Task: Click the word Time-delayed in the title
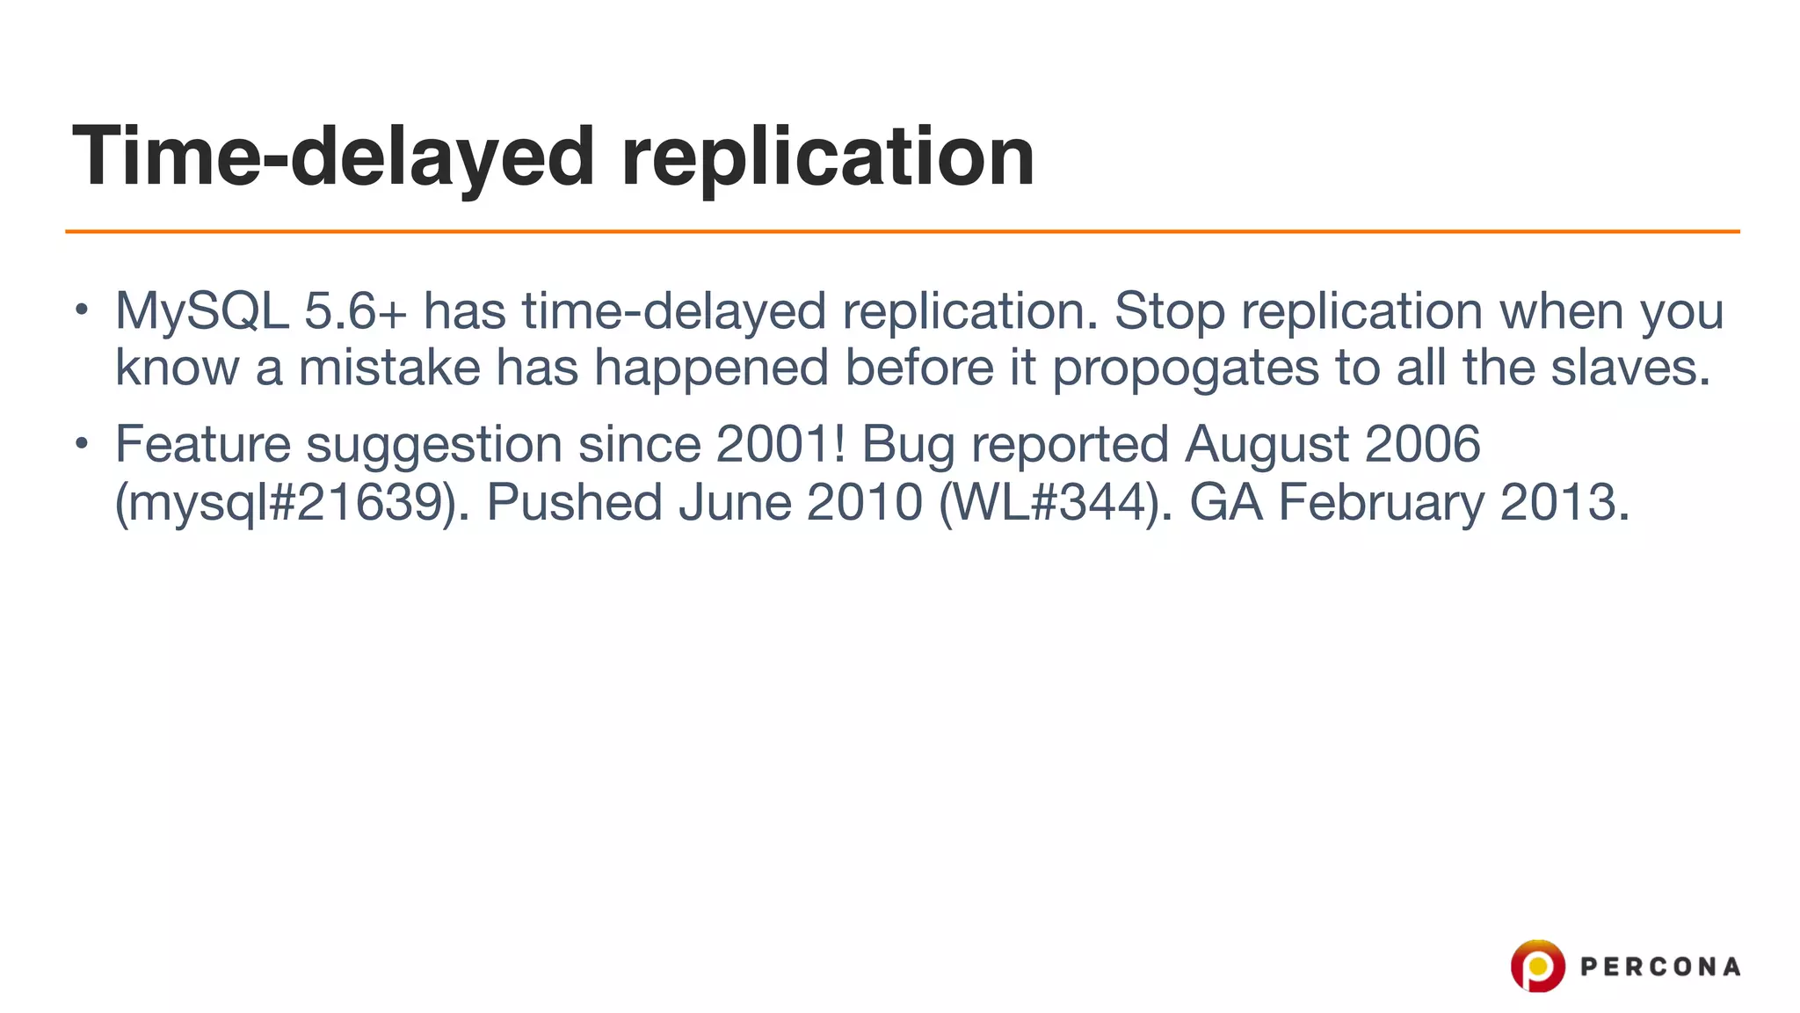[x=334, y=157]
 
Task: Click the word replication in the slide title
[x=828, y=157]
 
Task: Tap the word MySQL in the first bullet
[x=202, y=311]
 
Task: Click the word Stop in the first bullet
[x=1169, y=311]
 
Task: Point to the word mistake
[x=389, y=367]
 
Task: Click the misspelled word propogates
[x=1186, y=367]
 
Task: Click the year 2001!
[x=780, y=444]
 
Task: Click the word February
[x=1381, y=503]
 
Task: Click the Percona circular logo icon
[x=1537, y=966]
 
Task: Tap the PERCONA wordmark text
[x=1660, y=967]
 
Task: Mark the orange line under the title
[x=902, y=231]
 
